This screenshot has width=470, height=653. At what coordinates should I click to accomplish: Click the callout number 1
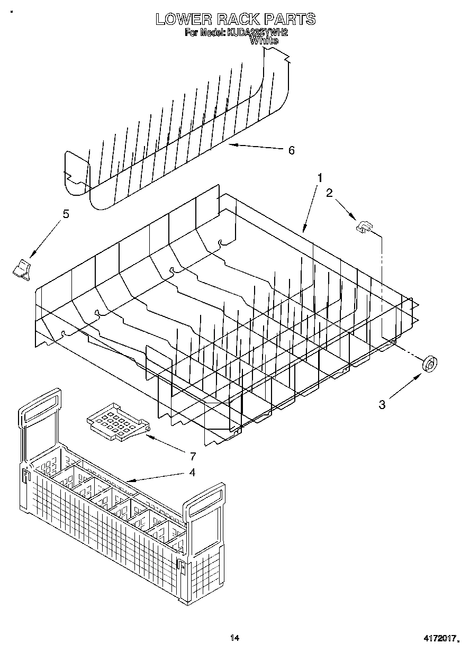pyautogui.click(x=319, y=178)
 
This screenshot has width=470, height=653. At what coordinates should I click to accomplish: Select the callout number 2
pyautogui.click(x=329, y=193)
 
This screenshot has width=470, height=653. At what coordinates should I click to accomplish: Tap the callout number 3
pyautogui.click(x=382, y=405)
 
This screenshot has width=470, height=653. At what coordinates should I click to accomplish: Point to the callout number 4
pyautogui.click(x=192, y=472)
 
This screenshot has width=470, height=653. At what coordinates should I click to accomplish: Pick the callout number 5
pyautogui.click(x=66, y=214)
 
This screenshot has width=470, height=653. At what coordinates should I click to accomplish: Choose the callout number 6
pyautogui.click(x=291, y=150)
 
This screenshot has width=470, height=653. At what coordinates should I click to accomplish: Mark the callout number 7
pyautogui.click(x=192, y=456)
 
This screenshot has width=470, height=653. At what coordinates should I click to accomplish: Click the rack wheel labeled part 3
pyautogui.click(x=430, y=365)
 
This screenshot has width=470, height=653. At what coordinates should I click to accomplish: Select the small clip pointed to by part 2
pyautogui.click(x=364, y=227)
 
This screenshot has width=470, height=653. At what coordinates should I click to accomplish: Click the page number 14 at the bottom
pyautogui.click(x=234, y=638)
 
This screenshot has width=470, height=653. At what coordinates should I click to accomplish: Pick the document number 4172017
pyautogui.click(x=438, y=639)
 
